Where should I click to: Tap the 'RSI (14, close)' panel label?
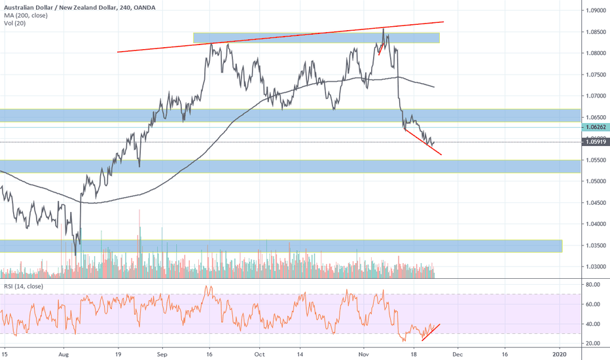tap(23, 285)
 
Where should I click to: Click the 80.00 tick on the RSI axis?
tap(593, 285)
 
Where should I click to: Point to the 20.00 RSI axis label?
tap(593, 343)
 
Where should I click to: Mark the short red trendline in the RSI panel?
tap(431, 332)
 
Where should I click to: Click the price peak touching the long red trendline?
tap(383, 29)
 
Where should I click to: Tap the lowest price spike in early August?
tap(76, 254)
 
